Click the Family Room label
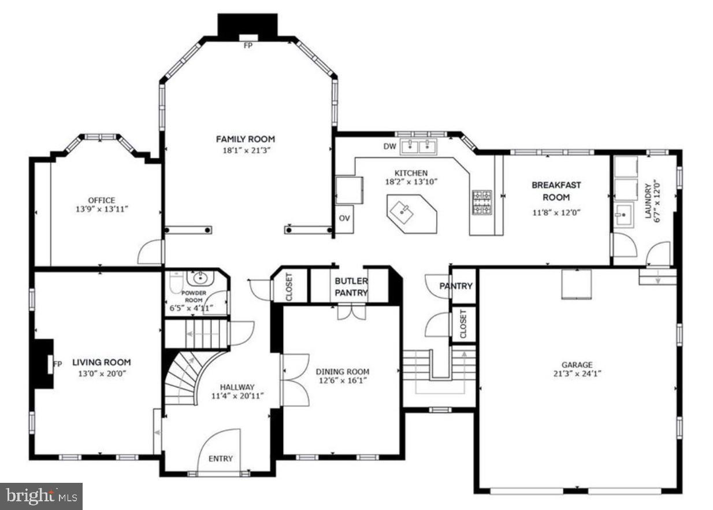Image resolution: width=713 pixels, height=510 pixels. pos(245,139)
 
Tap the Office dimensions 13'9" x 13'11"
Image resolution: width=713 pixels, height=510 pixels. pos(101,209)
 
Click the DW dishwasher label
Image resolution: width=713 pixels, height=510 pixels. pos(389,146)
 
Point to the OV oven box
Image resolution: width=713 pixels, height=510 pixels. pos(344,219)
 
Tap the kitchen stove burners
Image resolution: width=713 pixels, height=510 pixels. pos(482,202)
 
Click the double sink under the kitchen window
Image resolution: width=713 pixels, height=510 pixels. pos(418,146)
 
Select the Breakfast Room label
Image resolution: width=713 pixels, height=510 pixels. pos(556,191)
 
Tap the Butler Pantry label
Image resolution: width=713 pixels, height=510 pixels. pos(351,287)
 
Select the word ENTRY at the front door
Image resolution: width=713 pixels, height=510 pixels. pos(220,459)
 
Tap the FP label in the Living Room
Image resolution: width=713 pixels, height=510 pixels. pos(57,364)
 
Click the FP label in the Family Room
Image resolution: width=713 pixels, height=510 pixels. pos(248,45)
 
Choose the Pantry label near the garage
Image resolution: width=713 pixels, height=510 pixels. pos(456,286)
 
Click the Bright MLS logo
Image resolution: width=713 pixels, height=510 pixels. pos(41,496)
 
